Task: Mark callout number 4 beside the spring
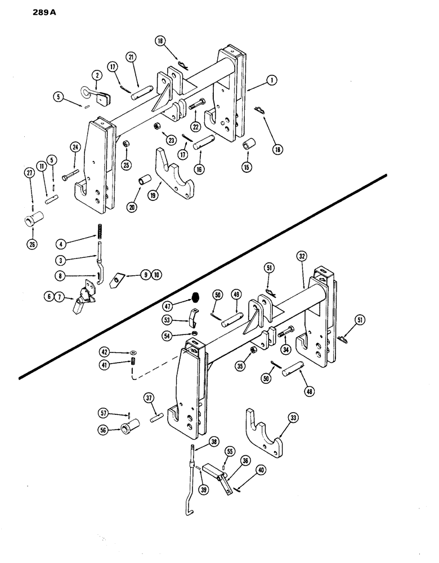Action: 60,244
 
